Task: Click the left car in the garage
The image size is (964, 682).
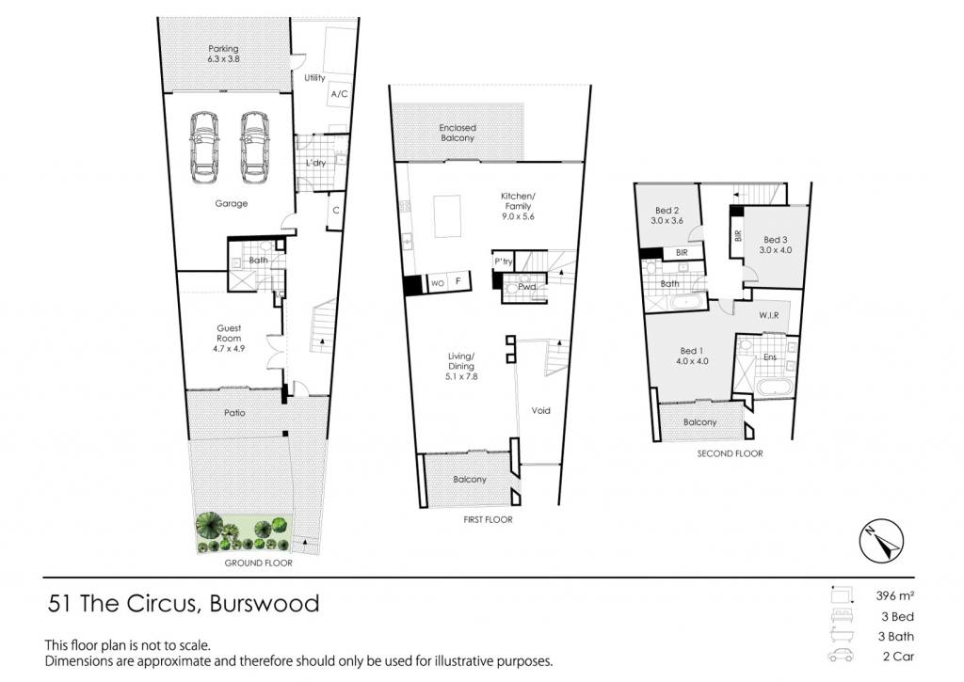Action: tap(204, 148)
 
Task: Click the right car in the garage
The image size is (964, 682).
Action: tap(255, 148)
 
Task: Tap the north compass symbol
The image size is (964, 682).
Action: tap(881, 541)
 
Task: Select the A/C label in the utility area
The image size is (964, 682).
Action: tap(339, 94)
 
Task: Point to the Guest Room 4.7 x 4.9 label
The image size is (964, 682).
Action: tap(229, 338)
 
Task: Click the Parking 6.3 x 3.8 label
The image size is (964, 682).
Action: tap(223, 54)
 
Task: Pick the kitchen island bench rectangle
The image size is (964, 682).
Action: tap(447, 215)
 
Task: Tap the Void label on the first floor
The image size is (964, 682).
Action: tap(541, 410)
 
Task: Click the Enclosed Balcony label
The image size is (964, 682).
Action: tap(458, 133)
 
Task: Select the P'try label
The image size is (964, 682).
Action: tap(503, 262)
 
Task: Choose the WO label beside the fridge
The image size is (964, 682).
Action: tap(438, 283)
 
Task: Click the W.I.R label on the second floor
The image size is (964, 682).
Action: tap(768, 315)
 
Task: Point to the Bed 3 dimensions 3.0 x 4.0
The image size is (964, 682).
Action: tap(776, 250)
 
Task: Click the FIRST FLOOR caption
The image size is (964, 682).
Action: tap(489, 519)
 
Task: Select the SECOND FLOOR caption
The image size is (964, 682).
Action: tap(730, 453)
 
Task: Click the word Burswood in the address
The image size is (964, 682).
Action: tap(265, 603)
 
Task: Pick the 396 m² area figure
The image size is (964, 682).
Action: tap(895, 595)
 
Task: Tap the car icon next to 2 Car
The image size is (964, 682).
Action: tap(841, 656)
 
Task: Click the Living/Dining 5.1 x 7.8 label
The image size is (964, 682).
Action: tap(461, 366)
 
